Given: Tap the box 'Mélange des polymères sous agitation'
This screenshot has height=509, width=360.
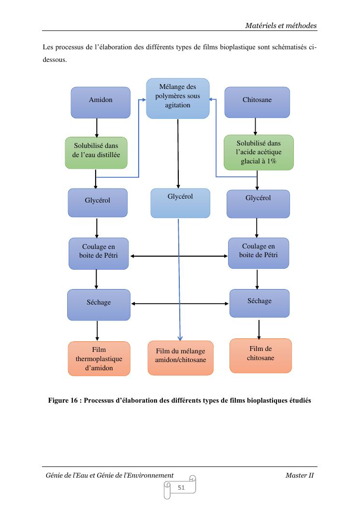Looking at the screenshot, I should point(178,98).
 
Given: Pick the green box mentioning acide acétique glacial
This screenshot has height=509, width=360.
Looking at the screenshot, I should point(259,152).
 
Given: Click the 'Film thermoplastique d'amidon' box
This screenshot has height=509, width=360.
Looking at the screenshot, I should point(99,358).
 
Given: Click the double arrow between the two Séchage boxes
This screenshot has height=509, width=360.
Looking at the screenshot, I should point(180,304).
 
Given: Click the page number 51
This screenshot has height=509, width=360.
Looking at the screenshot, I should point(181,488).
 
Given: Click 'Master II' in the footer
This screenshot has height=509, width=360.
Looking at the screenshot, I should point(300,475).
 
